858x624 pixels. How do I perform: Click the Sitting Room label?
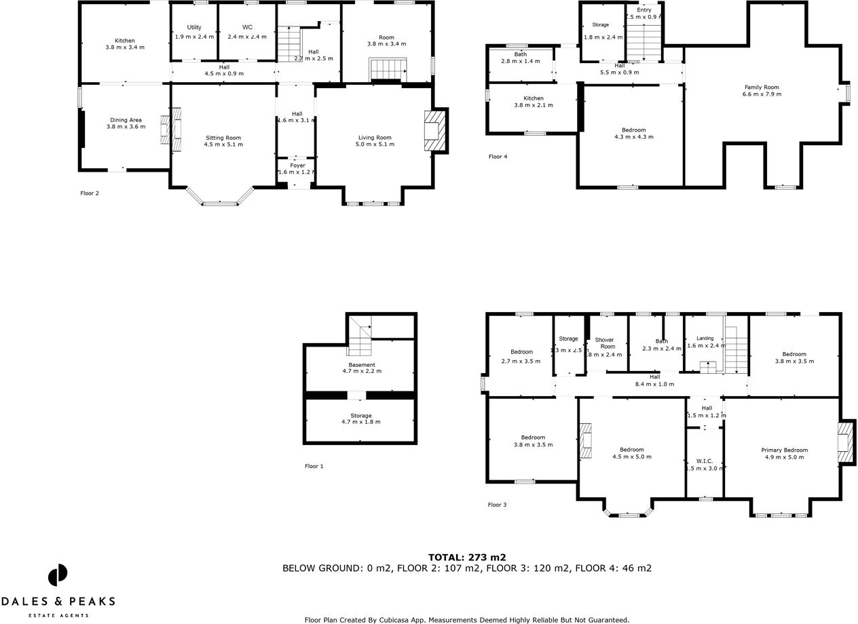pyautogui.click(x=224, y=138)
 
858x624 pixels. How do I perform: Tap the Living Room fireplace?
pyautogui.click(x=433, y=130)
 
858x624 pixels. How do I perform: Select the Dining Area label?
pyautogui.click(x=126, y=120)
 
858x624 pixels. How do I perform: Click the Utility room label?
pyautogui.click(x=194, y=27)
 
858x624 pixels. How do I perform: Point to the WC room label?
pyautogui.click(x=247, y=27)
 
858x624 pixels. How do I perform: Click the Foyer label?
pyautogui.click(x=297, y=165)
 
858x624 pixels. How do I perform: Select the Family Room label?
pyautogui.click(x=762, y=87)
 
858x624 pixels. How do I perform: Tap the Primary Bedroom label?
pyautogui.click(x=784, y=450)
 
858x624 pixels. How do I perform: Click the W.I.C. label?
pyautogui.click(x=704, y=461)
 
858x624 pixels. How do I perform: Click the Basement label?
pyautogui.click(x=361, y=365)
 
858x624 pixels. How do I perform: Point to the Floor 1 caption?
pyautogui.click(x=314, y=467)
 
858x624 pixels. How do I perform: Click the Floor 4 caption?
pyautogui.click(x=498, y=157)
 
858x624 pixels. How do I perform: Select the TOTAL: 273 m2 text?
pyautogui.click(x=467, y=558)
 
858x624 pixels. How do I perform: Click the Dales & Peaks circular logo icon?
pyautogui.click(x=58, y=575)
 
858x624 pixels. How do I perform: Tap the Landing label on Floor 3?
pyautogui.click(x=705, y=338)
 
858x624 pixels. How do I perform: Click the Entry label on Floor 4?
pyautogui.click(x=643, y=10)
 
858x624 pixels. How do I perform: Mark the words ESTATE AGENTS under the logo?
pyautogui.click(x=58, y=615)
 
